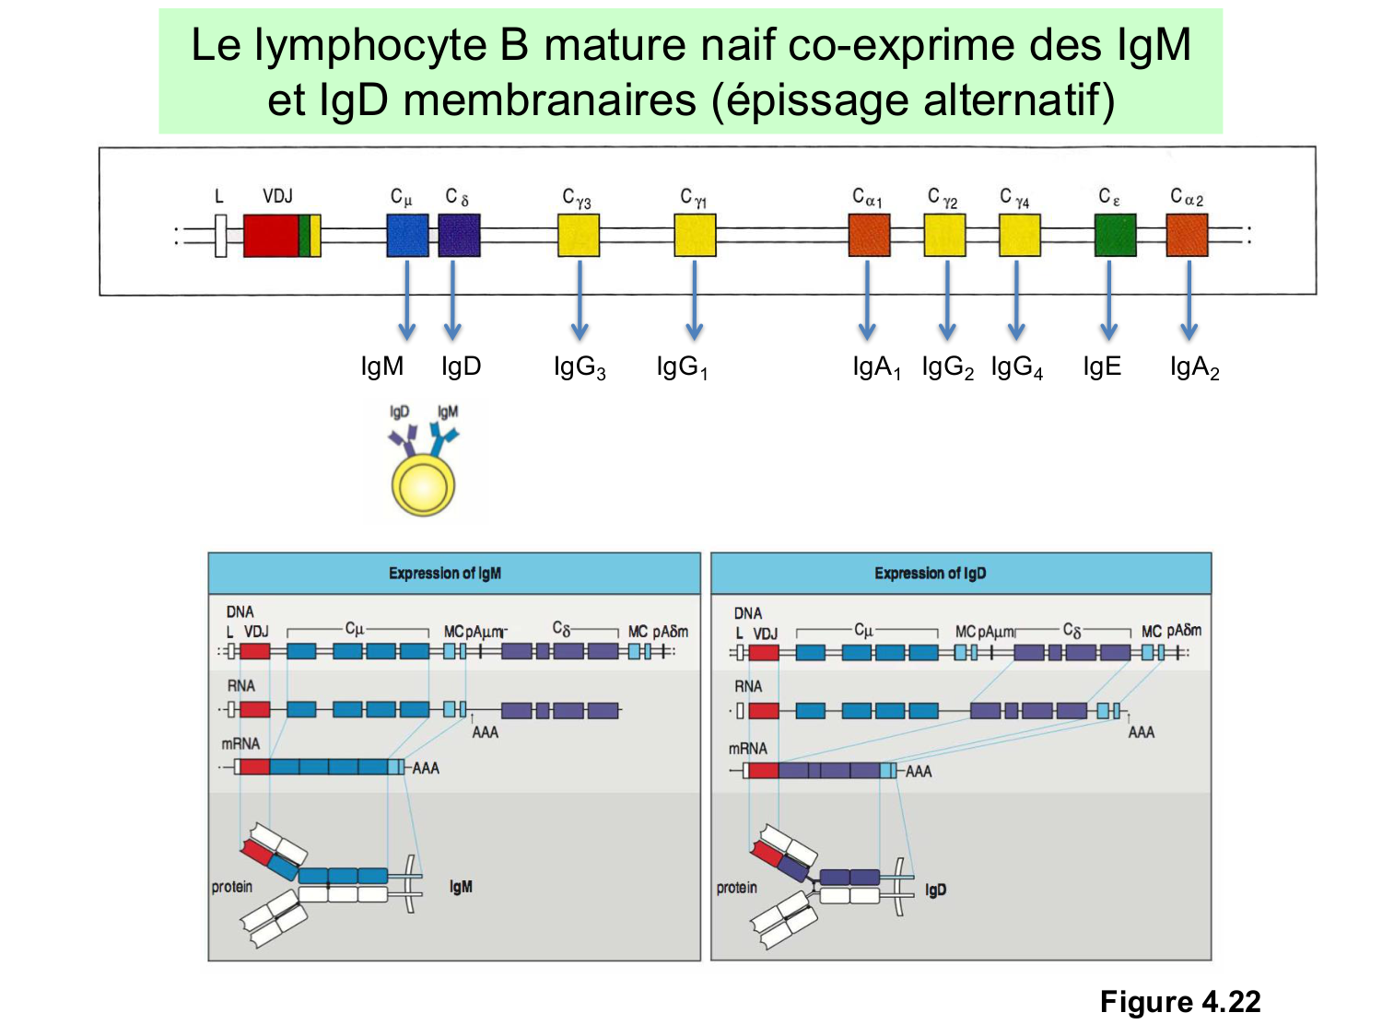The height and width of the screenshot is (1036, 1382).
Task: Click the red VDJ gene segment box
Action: (x=271, y=236)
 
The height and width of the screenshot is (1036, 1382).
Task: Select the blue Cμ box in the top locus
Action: (x=407, y=236)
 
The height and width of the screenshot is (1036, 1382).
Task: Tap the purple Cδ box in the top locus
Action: (x=459, y=236)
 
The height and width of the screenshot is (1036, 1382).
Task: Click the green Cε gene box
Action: (x=1115, y=236)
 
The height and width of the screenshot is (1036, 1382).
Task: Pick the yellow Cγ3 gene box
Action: (x=579, y=236)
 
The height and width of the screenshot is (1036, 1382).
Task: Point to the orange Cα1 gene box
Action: (x=869, y=236)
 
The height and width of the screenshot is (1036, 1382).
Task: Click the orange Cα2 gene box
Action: (x=1187, y=236)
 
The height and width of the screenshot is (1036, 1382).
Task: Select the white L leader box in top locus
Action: (x=220, y=236)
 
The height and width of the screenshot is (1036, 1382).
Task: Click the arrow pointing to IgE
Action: (x=1108, y=299)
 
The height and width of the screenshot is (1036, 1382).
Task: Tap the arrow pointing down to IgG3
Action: (x=580, y=299)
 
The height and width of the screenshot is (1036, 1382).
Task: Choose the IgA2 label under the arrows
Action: (x=1194, y=367)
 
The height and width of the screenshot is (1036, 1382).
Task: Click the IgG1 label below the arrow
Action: (x=682, y=367)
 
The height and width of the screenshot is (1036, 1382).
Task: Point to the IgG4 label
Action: (x=1017, y=367)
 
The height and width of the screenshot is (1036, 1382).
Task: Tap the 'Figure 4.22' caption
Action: (x=1179, y=1002)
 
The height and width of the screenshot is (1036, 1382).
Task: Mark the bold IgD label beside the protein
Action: (x=935, y=890)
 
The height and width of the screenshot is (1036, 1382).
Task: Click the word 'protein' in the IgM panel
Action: (x=232, y=887)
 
